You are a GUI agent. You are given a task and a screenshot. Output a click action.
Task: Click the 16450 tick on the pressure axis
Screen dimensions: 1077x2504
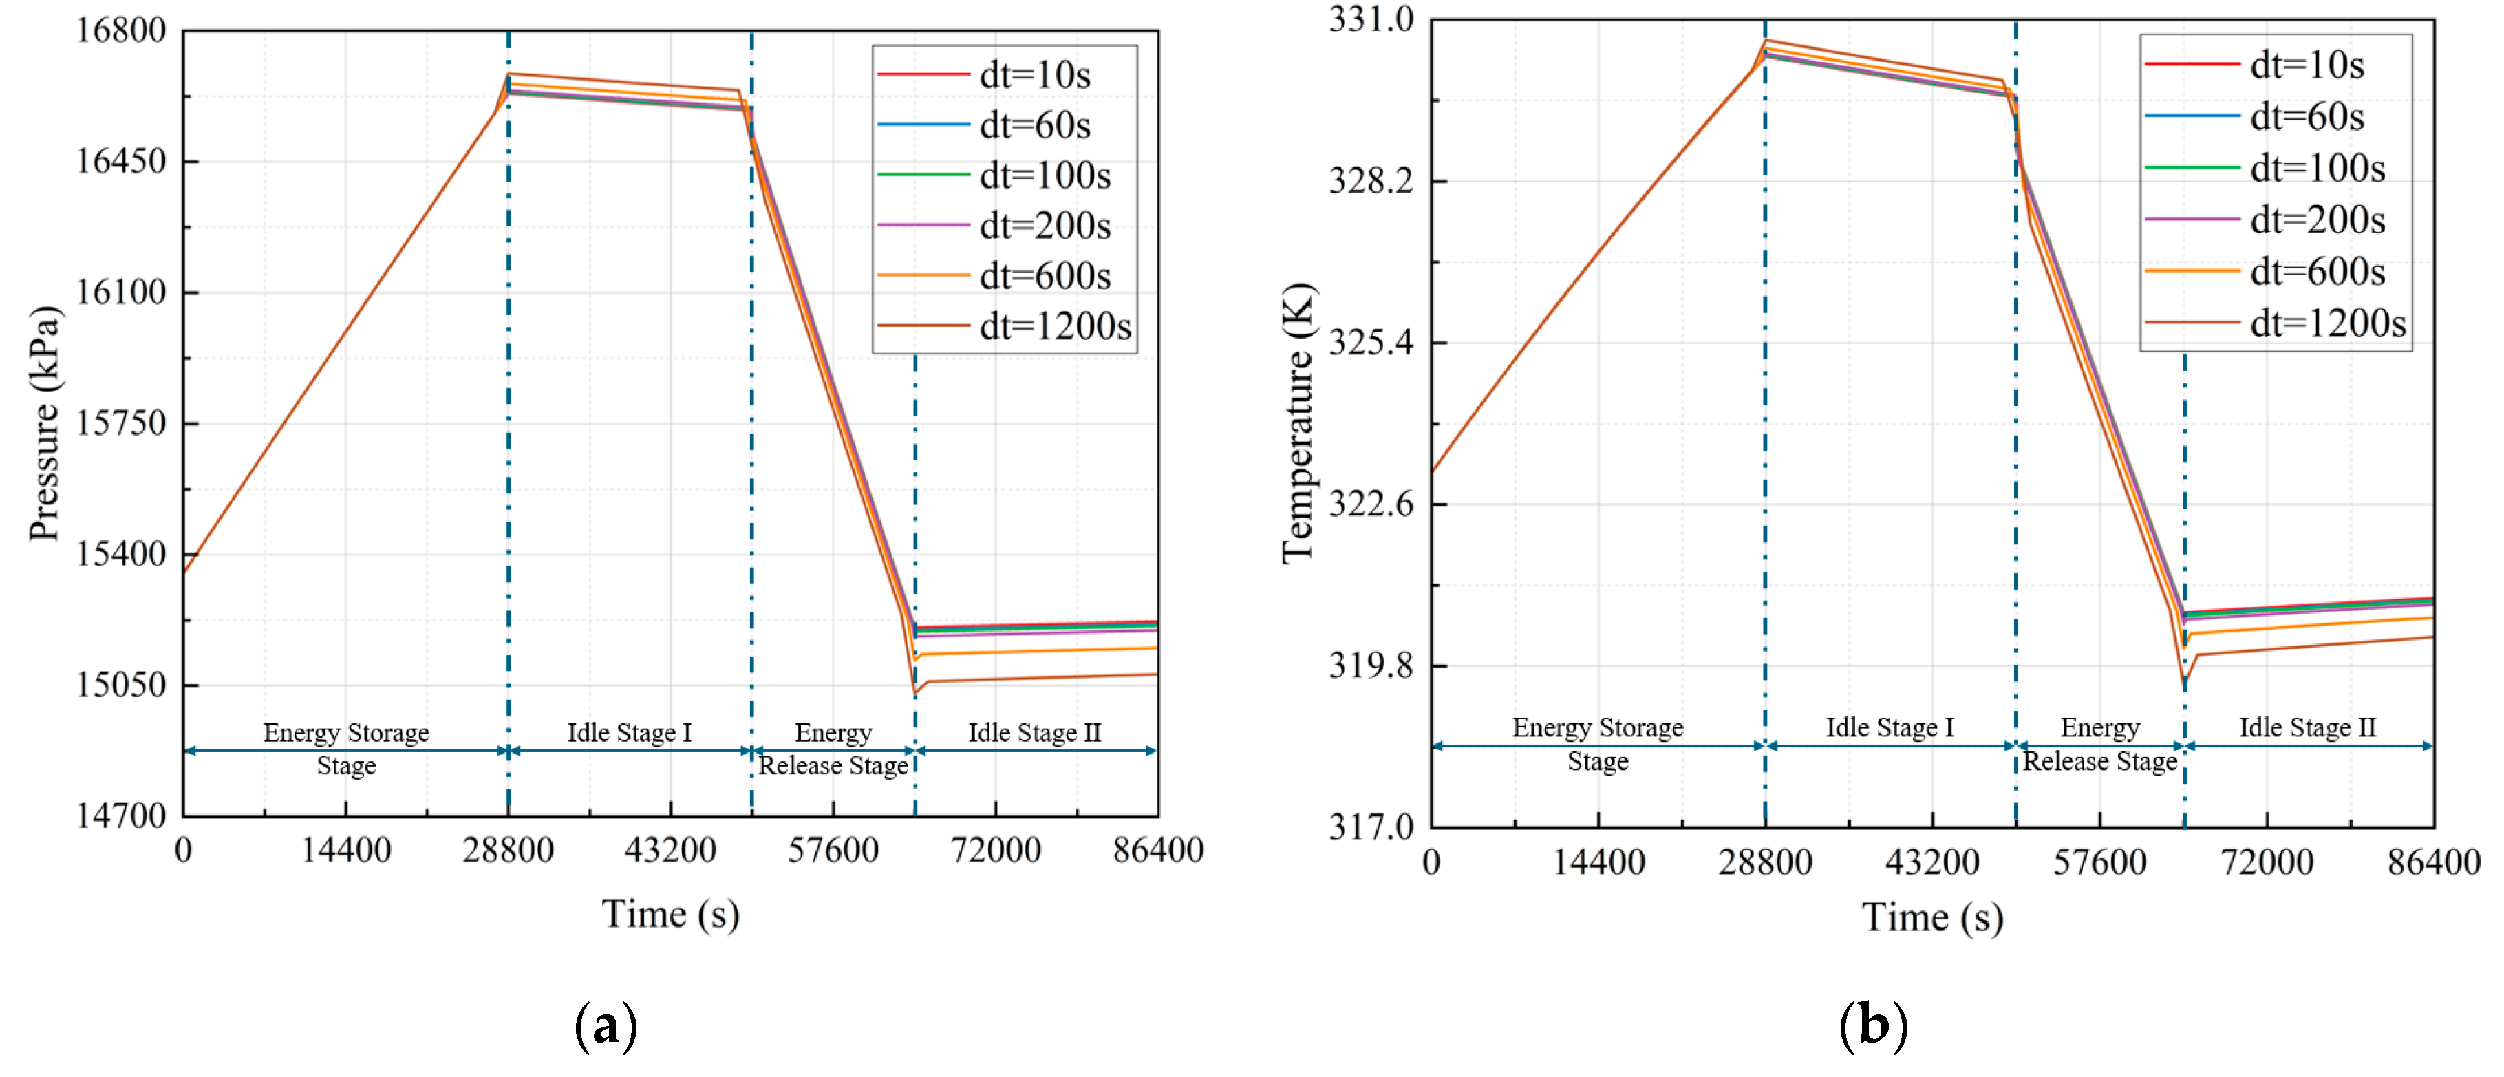(x=122, y=160)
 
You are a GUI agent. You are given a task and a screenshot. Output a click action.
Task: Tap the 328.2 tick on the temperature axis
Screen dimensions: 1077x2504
(x=1371, y=181)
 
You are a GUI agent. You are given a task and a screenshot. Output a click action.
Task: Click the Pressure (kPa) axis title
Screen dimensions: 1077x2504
(x=45, y=423)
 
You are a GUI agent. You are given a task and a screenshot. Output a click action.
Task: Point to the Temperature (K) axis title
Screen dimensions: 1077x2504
(x=1298, y=423)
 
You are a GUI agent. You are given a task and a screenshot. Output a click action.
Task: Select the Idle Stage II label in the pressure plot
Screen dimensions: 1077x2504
(x=1034, y=733)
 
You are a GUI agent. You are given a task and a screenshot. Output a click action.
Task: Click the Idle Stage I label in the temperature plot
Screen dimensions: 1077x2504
(x=1889, y=728)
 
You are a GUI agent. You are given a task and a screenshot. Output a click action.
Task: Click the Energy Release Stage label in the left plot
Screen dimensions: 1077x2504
(x=833, y=749)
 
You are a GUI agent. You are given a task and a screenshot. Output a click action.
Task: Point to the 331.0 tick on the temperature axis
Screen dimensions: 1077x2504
(x=1371, y=19)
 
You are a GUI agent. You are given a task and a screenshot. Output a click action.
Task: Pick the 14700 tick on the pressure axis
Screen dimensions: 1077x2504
(x=122, y=815)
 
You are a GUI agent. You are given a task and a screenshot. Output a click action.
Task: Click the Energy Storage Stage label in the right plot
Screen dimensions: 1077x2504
(x=1597, y=745)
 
